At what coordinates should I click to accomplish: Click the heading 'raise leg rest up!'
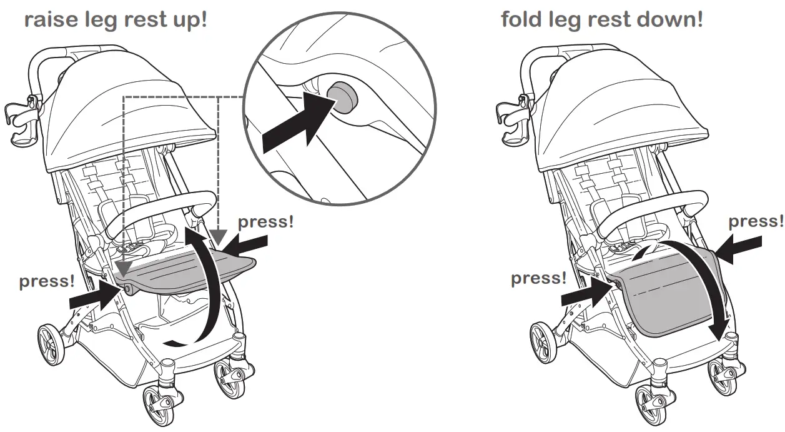click(x=115, y=19)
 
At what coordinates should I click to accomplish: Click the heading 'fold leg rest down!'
click(x=602, y=19)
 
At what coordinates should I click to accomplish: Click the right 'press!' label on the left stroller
click(x=265, y=222)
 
